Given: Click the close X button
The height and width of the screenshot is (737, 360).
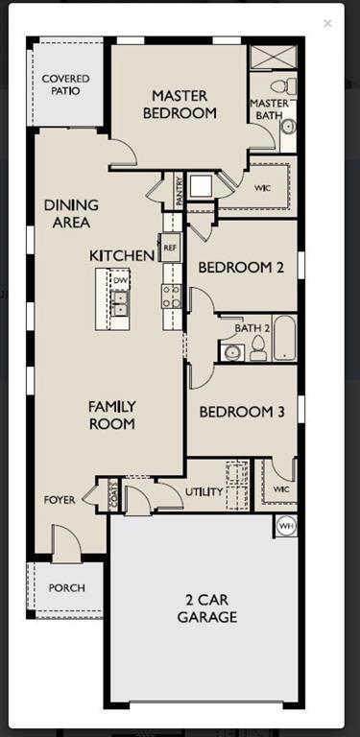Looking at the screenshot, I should [x=327, y=23].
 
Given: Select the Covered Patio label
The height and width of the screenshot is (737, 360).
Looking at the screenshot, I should [x=66, y=84].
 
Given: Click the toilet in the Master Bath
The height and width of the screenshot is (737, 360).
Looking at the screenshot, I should [x=278, y=86].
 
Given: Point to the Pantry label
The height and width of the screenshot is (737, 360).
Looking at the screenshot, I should [x=179, y=190].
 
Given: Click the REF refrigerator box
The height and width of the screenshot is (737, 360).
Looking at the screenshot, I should [x=171, y=248].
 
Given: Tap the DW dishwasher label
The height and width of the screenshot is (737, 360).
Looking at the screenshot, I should [x=120, y=280].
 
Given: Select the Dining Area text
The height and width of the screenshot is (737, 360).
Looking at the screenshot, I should [x=67, y=214].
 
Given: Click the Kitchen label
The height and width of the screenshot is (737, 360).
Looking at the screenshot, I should [x=122, y=255].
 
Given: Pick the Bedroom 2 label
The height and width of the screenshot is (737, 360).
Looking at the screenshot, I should [x=241, y=268].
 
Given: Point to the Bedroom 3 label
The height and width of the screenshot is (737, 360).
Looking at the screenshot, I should [x=242, y=412].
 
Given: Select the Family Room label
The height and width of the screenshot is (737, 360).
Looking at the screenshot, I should [x=112, y=415].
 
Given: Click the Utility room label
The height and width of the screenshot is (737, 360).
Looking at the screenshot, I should [x=204, y=492].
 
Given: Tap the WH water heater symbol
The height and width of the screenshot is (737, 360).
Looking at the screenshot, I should [x=286, y=526].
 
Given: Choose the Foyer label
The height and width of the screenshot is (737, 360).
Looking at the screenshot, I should [x=60, y=500].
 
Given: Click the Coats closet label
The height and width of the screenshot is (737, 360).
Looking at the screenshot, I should [x=114, y=496].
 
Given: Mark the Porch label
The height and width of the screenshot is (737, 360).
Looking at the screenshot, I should [x=66, y=587].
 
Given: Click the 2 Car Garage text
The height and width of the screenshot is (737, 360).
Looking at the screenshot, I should [x=206, y=608].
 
